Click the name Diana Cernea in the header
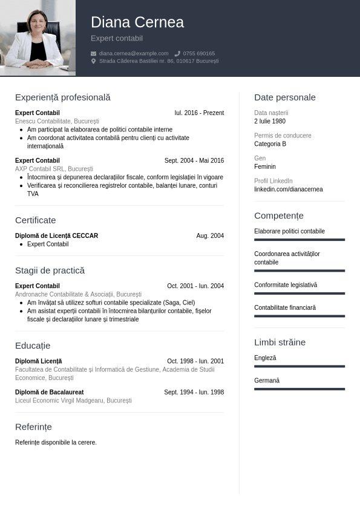(137, 22)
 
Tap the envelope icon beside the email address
(94, 53)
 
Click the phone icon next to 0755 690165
(177, 53)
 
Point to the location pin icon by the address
(94, 61)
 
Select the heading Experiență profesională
(63, 97)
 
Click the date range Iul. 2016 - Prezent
(199, 113)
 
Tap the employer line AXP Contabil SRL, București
(54, 169)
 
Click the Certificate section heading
(36, 220)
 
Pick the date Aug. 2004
(210, 236)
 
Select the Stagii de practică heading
(50, 271)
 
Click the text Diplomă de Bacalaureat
(50, 392)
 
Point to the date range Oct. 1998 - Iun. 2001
(195, 361)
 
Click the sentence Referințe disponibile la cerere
(56, 442)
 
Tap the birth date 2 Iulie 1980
(270, 121)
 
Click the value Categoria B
(270, 144)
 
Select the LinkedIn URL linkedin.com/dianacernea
(289, 189)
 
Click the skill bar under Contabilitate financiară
(299, 316)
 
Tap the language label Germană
(267, 381)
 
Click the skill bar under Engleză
(299, 366)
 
